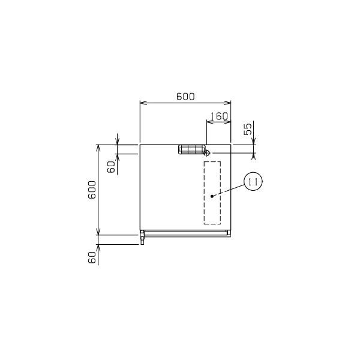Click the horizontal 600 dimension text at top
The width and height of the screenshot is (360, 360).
185,97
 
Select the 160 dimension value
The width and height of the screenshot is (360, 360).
219,116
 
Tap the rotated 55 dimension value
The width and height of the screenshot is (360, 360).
248,129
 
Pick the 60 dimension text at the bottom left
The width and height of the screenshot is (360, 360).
92,257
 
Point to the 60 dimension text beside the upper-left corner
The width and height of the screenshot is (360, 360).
111,167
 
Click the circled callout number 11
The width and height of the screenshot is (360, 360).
253,181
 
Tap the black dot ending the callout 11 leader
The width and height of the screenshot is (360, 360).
212,196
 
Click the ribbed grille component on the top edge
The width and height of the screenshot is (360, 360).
191,149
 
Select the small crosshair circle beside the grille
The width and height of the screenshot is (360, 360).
207,152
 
